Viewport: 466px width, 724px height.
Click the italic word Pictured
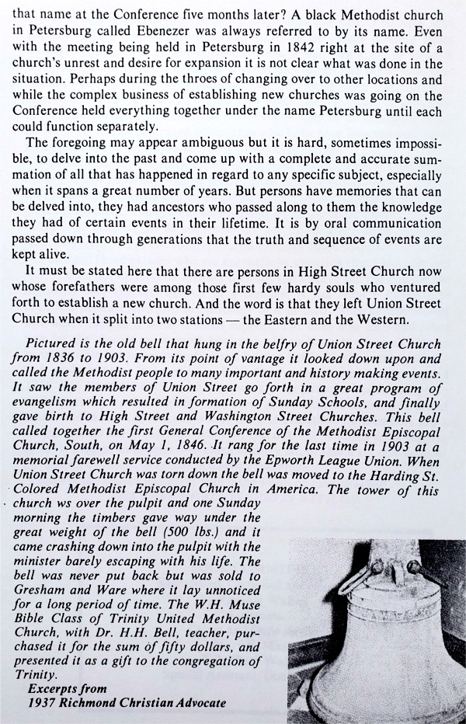pyautogui.click(x=54, y=344)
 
